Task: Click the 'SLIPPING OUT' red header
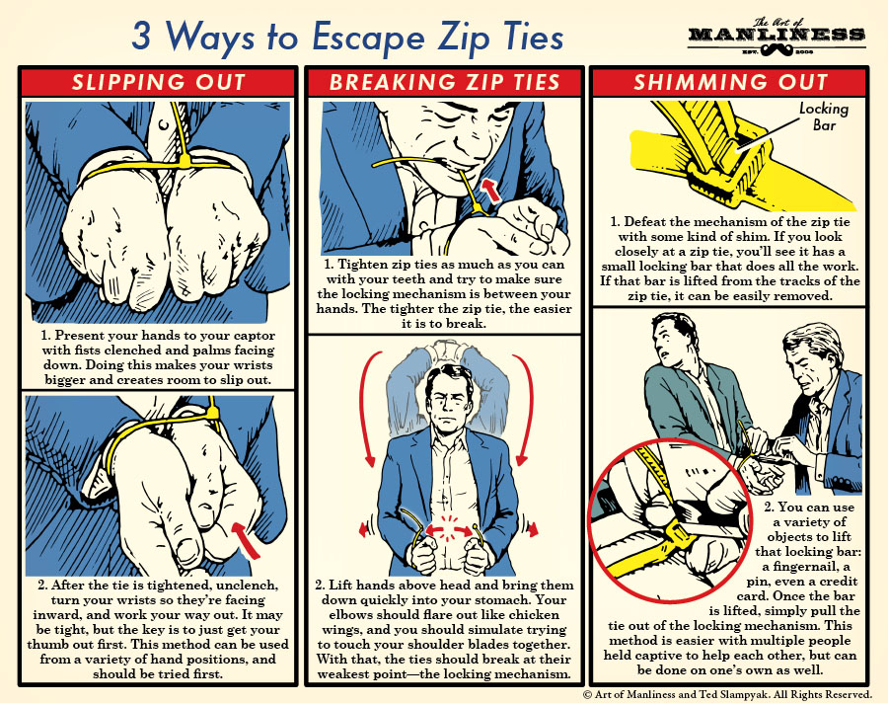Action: coord(158,82)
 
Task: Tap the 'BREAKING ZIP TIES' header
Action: coord(443,82)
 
